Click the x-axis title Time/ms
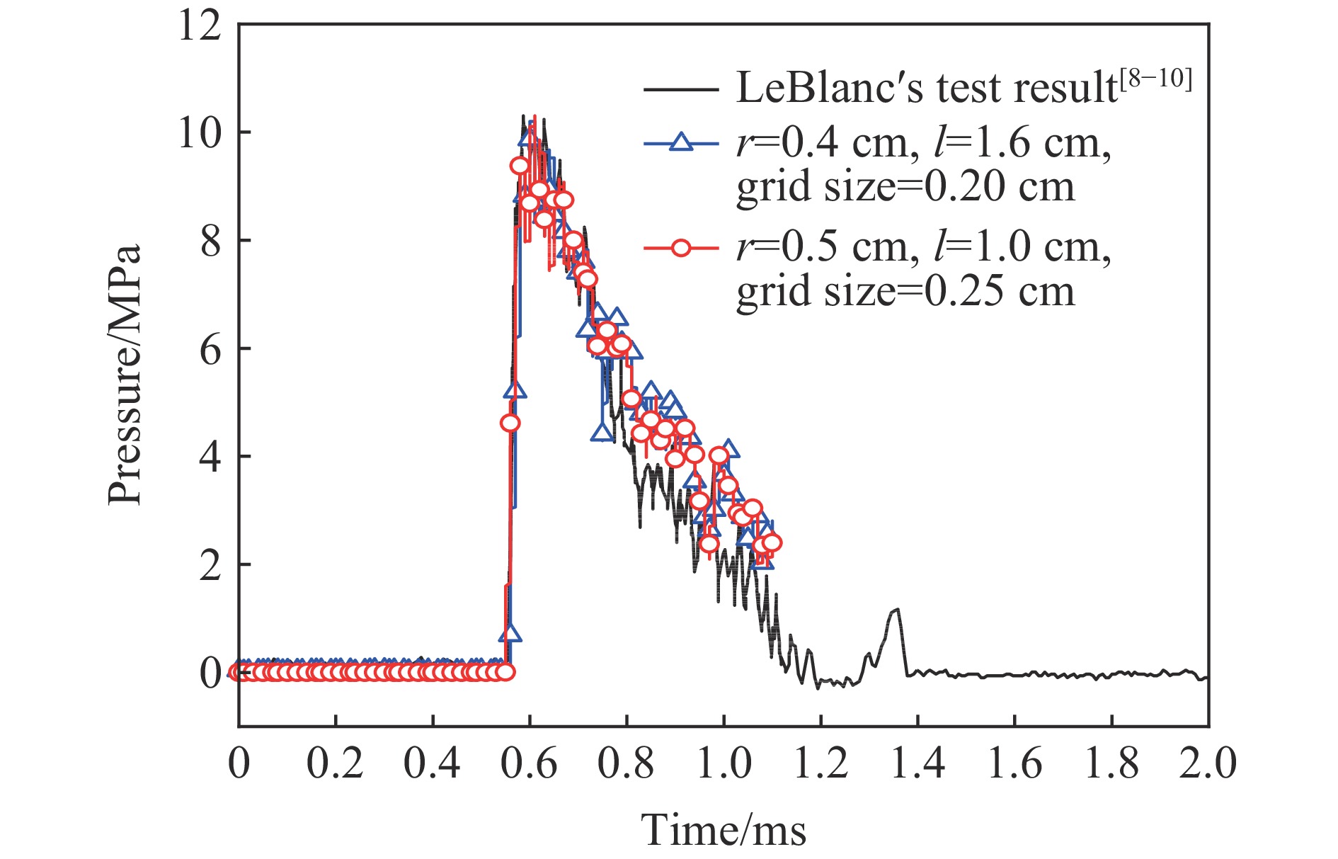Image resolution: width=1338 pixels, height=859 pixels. (x=723, y=829)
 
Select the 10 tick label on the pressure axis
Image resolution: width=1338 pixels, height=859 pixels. (x=200, y=132)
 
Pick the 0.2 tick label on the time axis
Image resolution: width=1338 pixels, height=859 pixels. (x=336, y=764)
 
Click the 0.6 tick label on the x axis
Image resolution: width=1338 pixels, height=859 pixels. (x=530, y=764)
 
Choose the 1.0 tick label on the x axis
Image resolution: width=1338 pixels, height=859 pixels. (x=724, y=764)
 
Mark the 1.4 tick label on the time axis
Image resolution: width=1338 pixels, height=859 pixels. (x=917, y=764)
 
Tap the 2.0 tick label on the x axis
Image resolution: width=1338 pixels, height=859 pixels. (x=1207, y=764)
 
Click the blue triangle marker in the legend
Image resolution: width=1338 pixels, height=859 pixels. (x=680, y=143)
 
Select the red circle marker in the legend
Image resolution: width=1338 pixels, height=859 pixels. (x=680, y=248)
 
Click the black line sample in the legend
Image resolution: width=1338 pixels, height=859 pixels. (x=680, y=89)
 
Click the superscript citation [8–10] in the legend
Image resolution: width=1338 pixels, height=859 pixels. (x=1157, y=79)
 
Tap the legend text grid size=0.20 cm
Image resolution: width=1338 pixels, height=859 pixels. (x=905, y=188)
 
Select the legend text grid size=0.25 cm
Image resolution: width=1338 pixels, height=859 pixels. (x=905, y=292)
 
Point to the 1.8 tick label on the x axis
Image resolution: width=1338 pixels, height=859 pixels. (x=1111, y=764)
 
